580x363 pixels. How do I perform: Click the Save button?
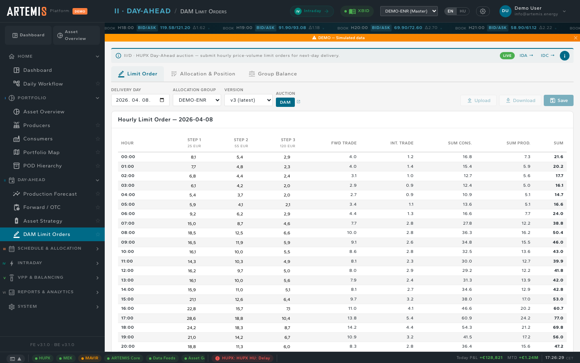point(559,100)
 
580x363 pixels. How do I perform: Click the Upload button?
point(478,100)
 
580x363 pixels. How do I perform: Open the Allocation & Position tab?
point(203,74)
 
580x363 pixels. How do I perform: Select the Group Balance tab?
point(273,74)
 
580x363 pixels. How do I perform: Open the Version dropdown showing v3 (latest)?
point(248,100)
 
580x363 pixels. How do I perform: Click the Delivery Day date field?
point(140,100)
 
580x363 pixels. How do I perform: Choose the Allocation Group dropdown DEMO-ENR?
point(197,100)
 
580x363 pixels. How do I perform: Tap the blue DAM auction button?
point(285,102)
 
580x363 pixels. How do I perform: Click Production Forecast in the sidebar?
point(50,194)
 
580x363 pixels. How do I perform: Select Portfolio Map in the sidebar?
point(41,152)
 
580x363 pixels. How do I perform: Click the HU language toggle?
point(463,11)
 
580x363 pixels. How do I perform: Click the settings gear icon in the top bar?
point(483,11)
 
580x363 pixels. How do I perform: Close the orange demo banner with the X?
point(575,38)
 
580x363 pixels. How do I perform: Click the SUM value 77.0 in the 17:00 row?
point(558,318)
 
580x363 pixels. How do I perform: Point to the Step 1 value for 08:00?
point(192,233)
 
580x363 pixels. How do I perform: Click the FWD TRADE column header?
point(344,143)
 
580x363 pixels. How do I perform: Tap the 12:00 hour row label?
point(127,270)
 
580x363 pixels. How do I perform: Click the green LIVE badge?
point(507,56)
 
